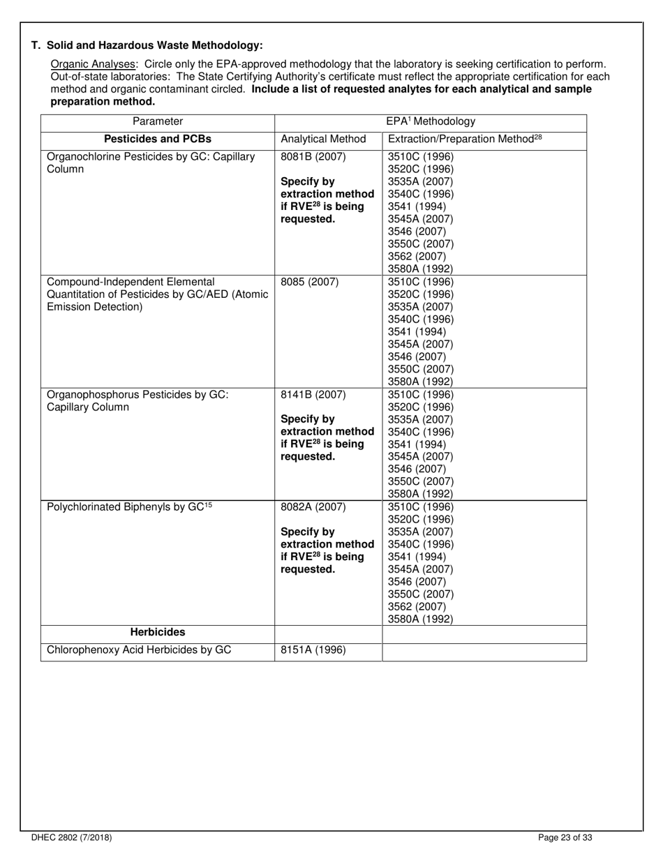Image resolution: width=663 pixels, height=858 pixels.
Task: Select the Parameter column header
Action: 158,121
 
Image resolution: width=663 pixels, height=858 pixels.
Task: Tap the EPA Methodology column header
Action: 431,121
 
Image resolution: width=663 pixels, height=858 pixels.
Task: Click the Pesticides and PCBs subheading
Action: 158,139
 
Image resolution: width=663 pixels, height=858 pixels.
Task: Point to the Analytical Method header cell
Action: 323,140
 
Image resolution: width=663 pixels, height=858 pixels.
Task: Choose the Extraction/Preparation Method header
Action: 465,139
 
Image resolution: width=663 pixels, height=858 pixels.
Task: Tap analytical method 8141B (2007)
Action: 313,394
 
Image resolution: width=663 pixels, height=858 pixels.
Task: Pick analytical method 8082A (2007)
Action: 313,506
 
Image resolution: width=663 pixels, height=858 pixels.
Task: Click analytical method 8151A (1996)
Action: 313,650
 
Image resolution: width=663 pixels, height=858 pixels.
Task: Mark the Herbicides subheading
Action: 158,632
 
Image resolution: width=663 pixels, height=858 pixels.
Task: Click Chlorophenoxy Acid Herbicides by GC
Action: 139,650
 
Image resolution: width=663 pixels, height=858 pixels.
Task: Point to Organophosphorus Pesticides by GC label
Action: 137,400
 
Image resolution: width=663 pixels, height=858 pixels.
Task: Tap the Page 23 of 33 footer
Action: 565,838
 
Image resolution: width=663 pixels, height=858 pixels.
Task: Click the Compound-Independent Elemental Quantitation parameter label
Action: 157,294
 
